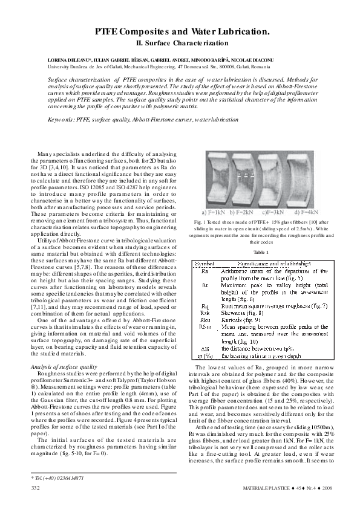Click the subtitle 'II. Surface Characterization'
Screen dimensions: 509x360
(x=180, y=43)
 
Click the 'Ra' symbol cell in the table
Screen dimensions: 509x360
(x=205, y=271)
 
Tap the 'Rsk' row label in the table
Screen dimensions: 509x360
(x=205, y=313)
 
